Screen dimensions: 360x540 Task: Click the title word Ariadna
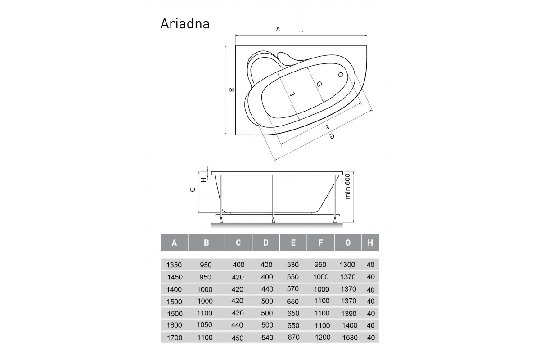(x=185, y=23)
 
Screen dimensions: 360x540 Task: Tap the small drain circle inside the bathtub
(x=341, y=75)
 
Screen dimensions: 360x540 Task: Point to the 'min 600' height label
(x=347, y=187)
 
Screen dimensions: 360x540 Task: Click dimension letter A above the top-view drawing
(x=278, y=29)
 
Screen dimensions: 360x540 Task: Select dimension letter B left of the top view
(x=231, y=90)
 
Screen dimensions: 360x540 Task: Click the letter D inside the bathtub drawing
(x=319, y=84)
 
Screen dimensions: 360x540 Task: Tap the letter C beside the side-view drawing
(x=192, y=190)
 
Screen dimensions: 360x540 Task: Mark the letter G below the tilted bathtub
(x=331, y=136)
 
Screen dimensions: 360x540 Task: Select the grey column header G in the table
(x=348, y=243)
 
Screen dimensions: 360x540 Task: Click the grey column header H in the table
(x=370, y=243)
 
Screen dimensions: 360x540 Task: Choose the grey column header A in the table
(x=174, y=243)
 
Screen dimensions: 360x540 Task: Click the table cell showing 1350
(x=174, y=265)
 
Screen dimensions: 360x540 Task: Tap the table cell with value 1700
(x=174, y=337)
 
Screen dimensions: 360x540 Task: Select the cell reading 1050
(x=205, y=325)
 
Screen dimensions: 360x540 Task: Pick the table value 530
(x=292, y=265)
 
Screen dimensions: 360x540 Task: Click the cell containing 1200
(x=323, y=337)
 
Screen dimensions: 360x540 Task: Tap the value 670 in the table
(x=293, y=337)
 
